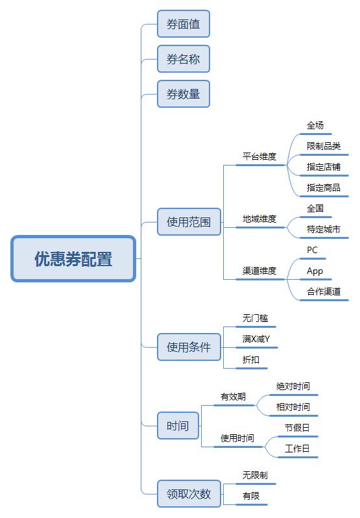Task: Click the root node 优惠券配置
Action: tap(73, 258)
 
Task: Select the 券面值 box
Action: tap(184, 24)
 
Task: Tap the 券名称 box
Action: tap(184, 59)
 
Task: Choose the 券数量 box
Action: tap(184, 94)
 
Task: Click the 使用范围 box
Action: tap(189, 221)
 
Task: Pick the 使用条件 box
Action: tap(189, 347)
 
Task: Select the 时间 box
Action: tap(178, 426)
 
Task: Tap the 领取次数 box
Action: tap(189, 493)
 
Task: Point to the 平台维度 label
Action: tap(259, 156)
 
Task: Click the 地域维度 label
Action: tap(259, 219)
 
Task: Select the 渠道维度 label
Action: tap(259, 271)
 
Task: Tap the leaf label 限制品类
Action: tap(324, 145)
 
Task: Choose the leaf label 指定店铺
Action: tap(324, 166)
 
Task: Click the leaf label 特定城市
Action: tap(324, 229)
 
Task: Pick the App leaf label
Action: tap(315, 271)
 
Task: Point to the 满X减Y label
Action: tap(256, 339)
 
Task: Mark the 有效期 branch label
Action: tap(233, 397)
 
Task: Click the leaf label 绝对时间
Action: tap(293, 386)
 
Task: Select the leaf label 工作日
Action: tap(297, 449)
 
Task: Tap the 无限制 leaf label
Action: tap(255, 475)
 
